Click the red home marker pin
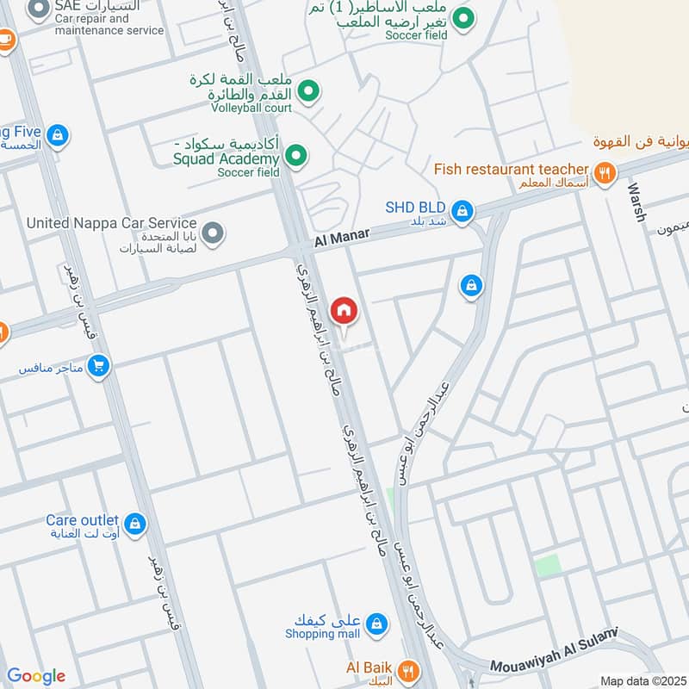click(x=344, y=310)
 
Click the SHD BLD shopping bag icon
click(x=462, y=210)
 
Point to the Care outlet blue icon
click(x=134, y=523)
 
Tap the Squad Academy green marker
click(x=296, y=156)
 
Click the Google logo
click(x=36, y=676)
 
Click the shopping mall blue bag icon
click(x=376, y=623)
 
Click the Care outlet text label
click(x=83, y=520)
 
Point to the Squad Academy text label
click(x=226, y=158)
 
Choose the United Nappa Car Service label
click(x=111, y=223)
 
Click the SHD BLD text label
click(x=415, y=208)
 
